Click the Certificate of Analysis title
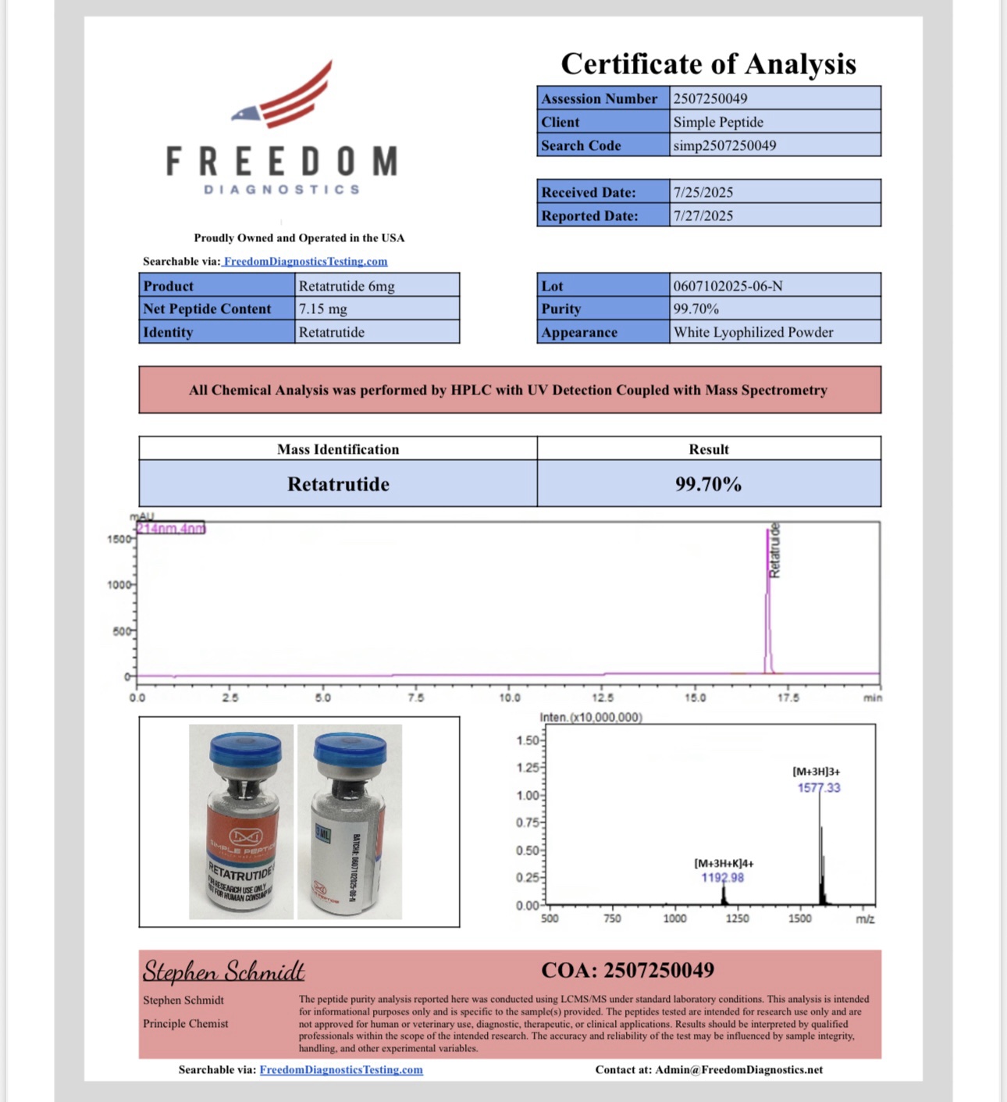708,64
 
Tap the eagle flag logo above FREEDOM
283,98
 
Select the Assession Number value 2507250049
710,98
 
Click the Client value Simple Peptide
718,122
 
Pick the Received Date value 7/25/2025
703,192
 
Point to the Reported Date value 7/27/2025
703,216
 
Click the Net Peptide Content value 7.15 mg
323,308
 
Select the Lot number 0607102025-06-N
728,286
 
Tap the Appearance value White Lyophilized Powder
753,332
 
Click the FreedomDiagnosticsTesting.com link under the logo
305,262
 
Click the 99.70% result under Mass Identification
708,484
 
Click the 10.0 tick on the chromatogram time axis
510,697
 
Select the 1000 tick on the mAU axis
119,585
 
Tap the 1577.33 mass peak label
819,788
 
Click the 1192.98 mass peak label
722,878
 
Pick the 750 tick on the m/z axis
612,918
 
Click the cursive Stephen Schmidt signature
223,971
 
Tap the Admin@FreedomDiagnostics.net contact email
738,1070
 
